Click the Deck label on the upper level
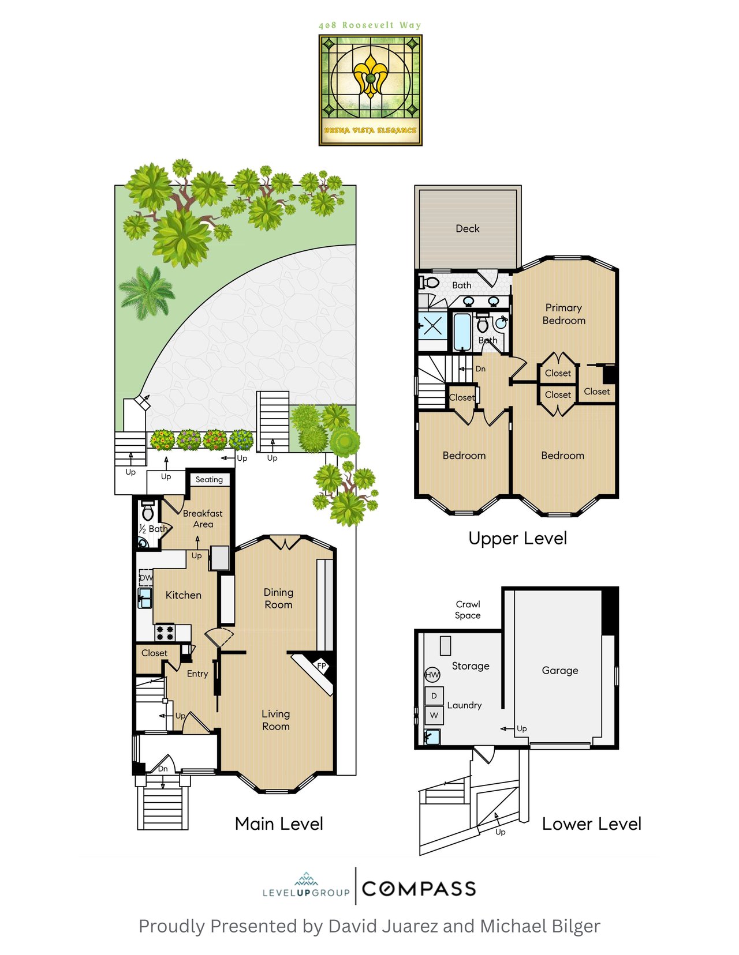tap(467, 228)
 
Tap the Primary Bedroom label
tap(563, 314)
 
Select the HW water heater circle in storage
tap(432, 675)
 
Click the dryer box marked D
tap(434, 695)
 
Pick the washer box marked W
tap(434, 715)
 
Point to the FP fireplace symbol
tap(322, 666)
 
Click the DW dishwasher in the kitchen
tap(145, 577)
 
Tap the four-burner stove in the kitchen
tap(165, 633)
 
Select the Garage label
tap(559, 670)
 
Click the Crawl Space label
tap(468, 610)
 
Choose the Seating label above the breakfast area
tap(209, 479)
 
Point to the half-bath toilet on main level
tap(148, 510)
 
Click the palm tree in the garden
tap(147, 292)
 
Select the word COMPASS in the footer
tap(419, 889)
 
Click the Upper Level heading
tap(518, 539)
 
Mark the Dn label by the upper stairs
tap(480, 369)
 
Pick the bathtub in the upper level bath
tap(462, 332)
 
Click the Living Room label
tap(276, 720)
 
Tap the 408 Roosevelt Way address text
tap(370, 25)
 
